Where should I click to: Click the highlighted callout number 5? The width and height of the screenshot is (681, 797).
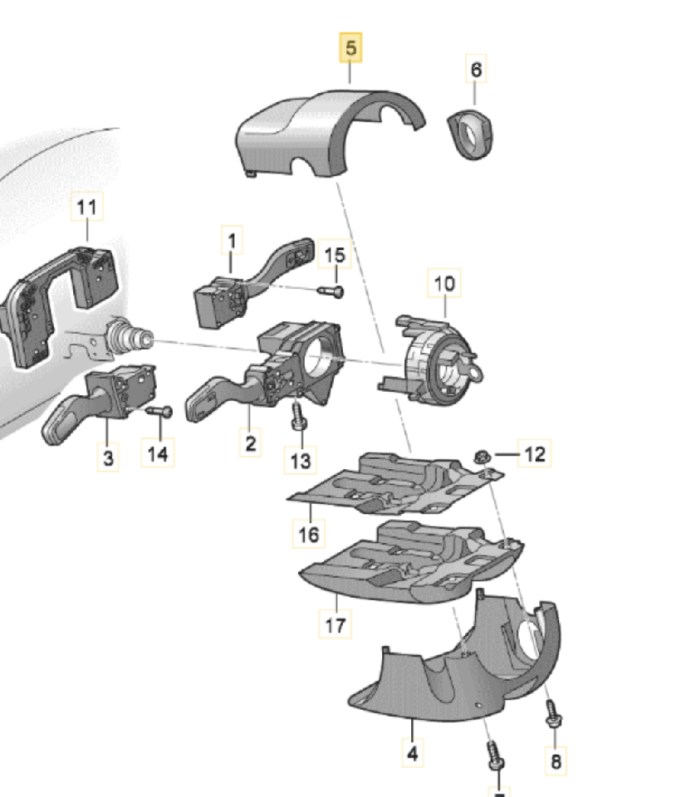coord(350,49)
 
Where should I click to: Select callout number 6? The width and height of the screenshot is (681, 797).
coord(476,70)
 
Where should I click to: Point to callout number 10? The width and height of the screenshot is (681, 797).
coord(443,284)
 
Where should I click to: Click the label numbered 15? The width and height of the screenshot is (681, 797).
coord(334,255)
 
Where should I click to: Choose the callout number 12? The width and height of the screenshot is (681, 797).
coord(536,453)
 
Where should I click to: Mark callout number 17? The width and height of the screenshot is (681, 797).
coord(336,625)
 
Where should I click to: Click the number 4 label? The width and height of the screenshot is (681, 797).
coord(413,754)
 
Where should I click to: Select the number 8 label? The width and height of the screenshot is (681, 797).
coord(556,760)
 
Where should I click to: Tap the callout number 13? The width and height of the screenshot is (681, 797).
coord(301,459)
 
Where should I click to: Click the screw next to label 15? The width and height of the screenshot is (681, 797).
coord(331,291)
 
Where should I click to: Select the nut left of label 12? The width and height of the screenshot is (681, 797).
coord(481,455)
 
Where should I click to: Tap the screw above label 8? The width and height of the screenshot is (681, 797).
coord(551,713)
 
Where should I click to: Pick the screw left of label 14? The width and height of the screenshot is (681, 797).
coord(159,412)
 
